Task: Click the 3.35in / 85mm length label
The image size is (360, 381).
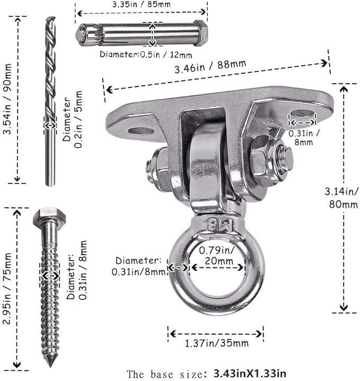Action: click(x=141, y=5)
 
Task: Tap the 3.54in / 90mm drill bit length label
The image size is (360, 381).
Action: click(x=7, y=99)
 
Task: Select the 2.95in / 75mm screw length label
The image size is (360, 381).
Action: click(x=7, y=288)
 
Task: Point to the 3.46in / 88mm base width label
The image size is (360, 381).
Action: click(x=210, y=66)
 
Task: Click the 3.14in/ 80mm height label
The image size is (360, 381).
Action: click(x=342, y=198)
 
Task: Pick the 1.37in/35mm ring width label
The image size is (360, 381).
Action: click(x=217, y=343)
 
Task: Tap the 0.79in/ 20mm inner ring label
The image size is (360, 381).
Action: click(x=217, y=255)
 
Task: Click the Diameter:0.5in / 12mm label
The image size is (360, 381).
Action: click(x=146, y=55)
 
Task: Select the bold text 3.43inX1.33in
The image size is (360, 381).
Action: click(x=250, y=373)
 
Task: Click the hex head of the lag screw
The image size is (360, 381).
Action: click(x=49, y=216)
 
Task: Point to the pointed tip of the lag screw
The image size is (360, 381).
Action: click(x=50, y=365)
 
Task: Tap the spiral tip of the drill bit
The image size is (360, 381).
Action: click(x=50, y=20)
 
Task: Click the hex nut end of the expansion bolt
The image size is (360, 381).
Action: click(x=201, y=33)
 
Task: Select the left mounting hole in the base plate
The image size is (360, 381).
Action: click(x=141, y=131)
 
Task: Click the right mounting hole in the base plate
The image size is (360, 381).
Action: click(x=302, y=113)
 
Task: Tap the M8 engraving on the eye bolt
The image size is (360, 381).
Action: click(x=219, y=224)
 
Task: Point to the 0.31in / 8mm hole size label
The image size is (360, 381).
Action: click(x=304, y=137)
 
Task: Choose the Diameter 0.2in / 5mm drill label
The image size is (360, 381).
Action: click(x=72, y=119)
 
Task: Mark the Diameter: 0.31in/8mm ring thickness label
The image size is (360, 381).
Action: click(x=138, y=266)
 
